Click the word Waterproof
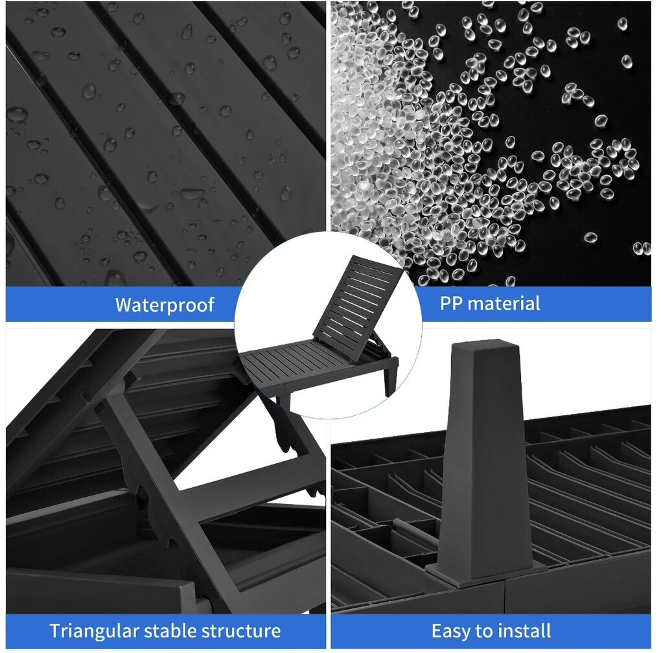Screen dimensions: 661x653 pyautogui.click(x=165, y=304)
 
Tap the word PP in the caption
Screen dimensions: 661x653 pyautogui.click(x=451, y=303)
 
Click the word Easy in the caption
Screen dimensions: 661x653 pyautogui.click(x=451, y=632)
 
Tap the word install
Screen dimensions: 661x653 pyautogui.click(x=525, y=631)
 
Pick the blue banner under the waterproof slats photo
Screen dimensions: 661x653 pyautogui.click(x=122, y=304)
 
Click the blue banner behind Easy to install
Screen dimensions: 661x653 pyautogui.click(x=491, y=631)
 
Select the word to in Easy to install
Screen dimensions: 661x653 pyautogui.click(x=485, y=632)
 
